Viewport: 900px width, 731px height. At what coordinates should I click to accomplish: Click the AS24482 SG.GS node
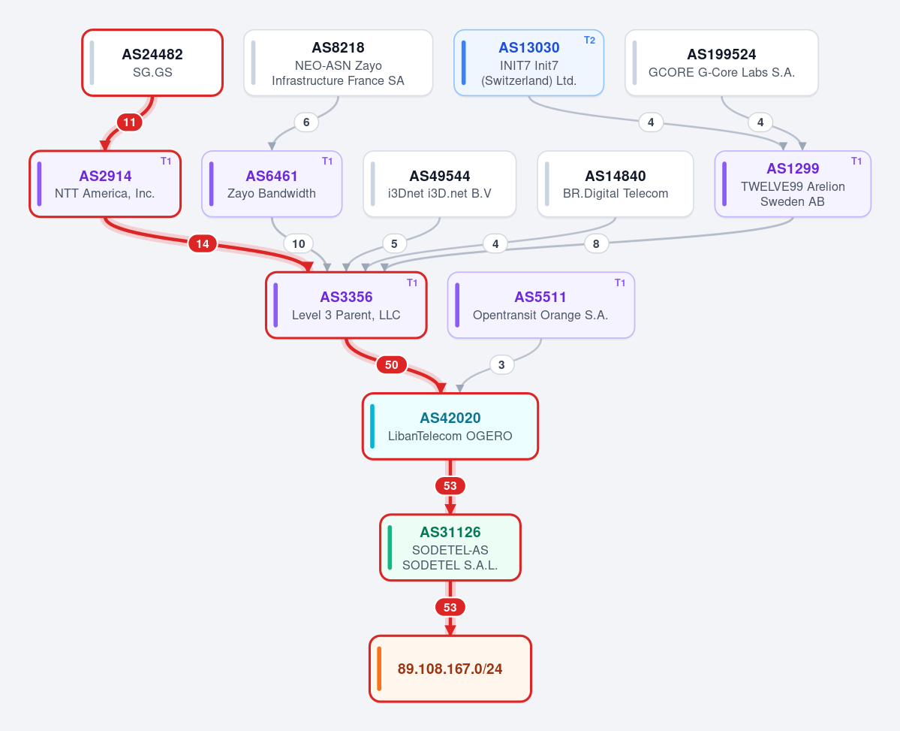[152, 62]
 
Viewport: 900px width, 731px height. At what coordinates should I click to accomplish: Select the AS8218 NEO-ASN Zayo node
[338, 62]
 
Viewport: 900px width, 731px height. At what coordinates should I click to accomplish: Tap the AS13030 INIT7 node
[528, 62]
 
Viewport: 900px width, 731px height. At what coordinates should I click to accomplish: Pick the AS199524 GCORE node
[721, 62]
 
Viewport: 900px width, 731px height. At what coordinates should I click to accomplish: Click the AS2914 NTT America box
[105, 184]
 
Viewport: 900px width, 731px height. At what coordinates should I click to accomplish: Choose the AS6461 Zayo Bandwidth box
[272, 184]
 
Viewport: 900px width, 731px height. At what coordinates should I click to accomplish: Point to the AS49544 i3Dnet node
[440, 184]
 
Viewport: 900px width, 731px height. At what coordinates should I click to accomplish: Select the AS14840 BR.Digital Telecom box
[616, 184]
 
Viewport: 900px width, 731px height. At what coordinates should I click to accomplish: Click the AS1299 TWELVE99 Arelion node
[793, 184]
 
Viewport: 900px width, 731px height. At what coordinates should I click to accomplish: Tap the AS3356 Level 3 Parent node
[346, 305]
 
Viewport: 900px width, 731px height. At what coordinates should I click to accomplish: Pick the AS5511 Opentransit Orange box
[540, 305]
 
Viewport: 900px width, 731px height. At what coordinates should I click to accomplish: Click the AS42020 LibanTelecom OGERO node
[450, 427]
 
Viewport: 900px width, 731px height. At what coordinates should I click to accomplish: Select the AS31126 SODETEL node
[450, 548]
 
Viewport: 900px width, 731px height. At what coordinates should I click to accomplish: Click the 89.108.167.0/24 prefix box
[450, 669]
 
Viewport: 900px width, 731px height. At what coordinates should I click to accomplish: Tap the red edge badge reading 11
[130, 122]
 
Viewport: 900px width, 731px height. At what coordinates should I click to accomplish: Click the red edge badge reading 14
[203, 243]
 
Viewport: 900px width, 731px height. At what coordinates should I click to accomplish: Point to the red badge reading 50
[392, 365]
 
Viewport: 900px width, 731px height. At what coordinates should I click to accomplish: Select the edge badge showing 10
[299, 243]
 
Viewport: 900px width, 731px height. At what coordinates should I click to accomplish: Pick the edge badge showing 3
[501, 365]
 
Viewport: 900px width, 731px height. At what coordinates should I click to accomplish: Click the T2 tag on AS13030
[589, 41]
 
